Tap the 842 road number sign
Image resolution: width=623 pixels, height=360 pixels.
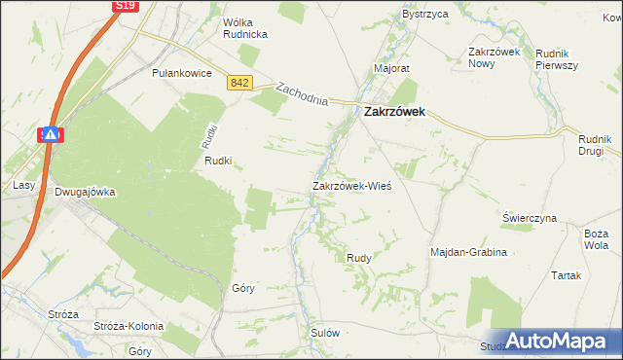pyautogui.click(x=241, y=84)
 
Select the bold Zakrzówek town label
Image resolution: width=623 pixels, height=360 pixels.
pyautogui.click(x=400, y=112)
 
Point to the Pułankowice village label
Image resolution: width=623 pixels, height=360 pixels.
pyautogui.click(x=182, y=72)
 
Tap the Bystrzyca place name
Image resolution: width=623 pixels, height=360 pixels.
pyautogui.click(x=425, y=15)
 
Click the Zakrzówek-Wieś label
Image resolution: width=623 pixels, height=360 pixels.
pyautogui.click(x=351, y=185)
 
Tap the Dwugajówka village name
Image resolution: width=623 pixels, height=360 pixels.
pyautogui.click(x=85, y=192)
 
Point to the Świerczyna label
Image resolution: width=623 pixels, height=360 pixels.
pyautogui.click(x=530, y=218)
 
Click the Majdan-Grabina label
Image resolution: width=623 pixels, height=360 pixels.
pyautogui.click(x=469, y=252)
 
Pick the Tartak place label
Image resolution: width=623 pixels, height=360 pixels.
pyautogui.click(x=566, y=275)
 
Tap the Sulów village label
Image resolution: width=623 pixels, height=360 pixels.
pyautogui.click(x=325, y=332)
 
